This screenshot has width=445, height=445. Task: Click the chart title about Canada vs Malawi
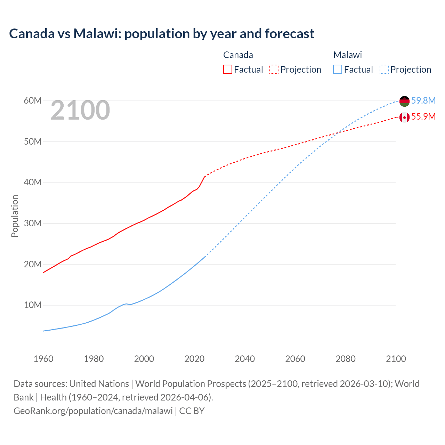[162, 34]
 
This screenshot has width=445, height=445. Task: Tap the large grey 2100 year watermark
[80, 110]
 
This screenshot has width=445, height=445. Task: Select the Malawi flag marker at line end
[404, 101]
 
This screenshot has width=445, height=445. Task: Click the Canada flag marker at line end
[404, 117]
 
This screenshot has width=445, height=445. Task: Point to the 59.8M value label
[423, 100]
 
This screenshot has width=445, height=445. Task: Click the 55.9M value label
[423, 116]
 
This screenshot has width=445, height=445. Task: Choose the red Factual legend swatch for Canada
[228, 70]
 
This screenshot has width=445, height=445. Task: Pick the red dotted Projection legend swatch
[274, 70]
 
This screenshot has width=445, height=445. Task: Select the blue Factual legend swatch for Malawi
[338, 70]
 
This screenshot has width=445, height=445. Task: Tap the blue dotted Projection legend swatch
[384, 70]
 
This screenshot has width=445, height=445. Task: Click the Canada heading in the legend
[238, 55]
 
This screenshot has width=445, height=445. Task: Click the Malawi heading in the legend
[348, 55]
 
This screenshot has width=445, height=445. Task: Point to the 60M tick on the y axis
[33, 100]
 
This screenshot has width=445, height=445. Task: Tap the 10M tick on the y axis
[33, 305]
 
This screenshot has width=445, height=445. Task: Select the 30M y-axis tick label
[33, 223]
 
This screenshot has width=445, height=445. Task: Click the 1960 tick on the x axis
[43, 359]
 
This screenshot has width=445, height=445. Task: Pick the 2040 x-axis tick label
[245, 359]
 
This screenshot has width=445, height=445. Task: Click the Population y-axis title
[15, 216]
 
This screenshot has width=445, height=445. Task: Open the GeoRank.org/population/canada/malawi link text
[93, 411]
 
